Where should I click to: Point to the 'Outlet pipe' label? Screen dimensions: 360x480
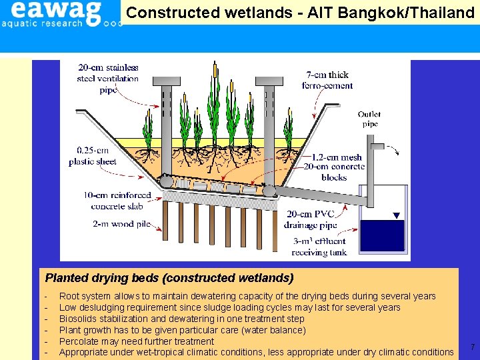pos(369,119)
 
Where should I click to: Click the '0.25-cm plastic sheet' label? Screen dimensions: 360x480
pos(93,156)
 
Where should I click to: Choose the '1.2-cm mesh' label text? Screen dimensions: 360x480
pos(337,158)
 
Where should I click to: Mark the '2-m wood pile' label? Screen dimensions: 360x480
pos(117,224)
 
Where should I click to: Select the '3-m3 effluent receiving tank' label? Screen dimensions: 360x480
pos(319,247)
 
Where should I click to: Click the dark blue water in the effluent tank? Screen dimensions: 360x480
pos(382,235)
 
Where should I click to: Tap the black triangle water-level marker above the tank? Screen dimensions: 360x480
pos(396,215)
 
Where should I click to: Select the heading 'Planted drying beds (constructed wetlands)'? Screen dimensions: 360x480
pos(169,277)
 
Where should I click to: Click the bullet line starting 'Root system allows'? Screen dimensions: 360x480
pos(247,296)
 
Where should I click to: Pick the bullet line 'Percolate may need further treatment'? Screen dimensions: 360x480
pos(137,341)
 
